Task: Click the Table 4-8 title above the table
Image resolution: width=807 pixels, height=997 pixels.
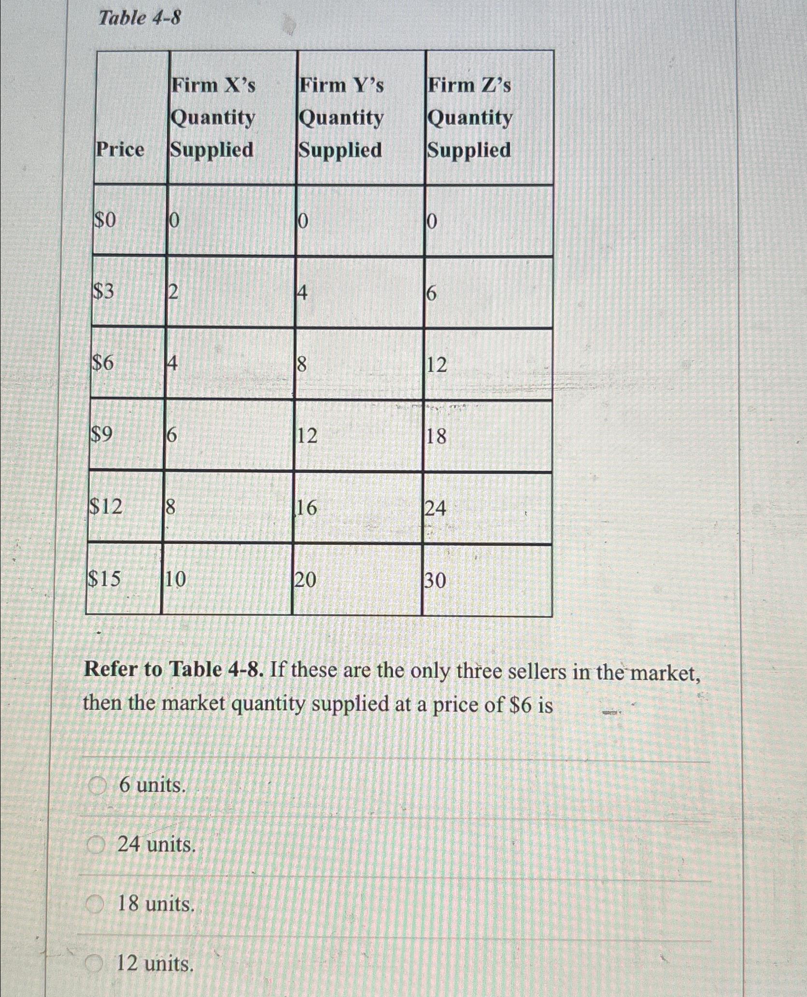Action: (x=140, y=19)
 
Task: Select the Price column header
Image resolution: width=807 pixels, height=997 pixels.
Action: (x=120, y=150)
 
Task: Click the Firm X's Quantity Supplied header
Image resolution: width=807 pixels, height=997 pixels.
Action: (x=213, y=117)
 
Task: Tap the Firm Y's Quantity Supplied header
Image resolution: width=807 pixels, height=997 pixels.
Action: (x=341, y=117)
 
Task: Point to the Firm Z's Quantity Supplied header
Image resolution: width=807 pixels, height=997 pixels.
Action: (x=469, y=117)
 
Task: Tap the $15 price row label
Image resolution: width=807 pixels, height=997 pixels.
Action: (x=104, y=579)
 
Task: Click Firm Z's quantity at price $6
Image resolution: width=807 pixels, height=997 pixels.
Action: (x=437, y=365)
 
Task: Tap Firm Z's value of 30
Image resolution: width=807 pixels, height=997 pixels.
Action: (x=436, y=581)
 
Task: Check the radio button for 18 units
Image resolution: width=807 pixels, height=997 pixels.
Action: (x=95, y=904)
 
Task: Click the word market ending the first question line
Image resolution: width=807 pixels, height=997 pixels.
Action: (x=665, y=672)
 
